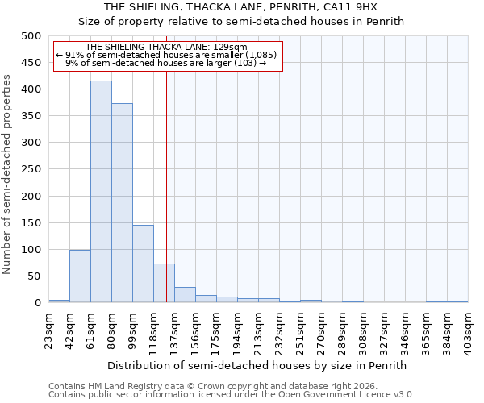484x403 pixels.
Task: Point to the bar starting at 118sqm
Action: click(164, 283)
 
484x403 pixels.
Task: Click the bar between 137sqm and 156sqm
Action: click(185, 295)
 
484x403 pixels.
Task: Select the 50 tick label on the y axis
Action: click(34, 276)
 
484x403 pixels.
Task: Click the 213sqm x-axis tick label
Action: click(259, 329)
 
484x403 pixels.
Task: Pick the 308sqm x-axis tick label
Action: click(364, 329)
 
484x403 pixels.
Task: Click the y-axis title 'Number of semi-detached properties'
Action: click(8, 174)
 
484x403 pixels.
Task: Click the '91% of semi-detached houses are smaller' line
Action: click(166, 55)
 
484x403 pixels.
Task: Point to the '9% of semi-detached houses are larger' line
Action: click(166, 63)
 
